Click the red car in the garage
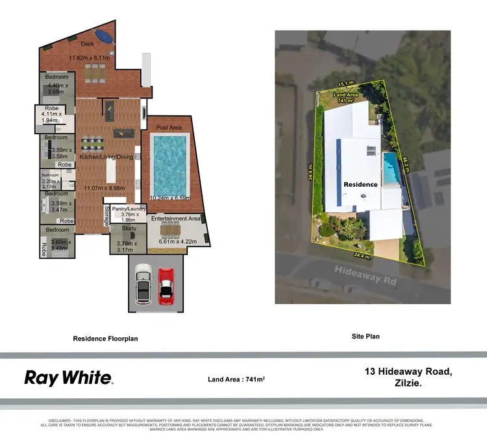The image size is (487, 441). pyautogui.click(x=166, y=285)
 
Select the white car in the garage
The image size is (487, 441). pyautogui.click(x=143, y=286)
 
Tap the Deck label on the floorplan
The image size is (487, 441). pyautogui.click(x=88, y=44)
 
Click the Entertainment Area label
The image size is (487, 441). pyautogui.click(x=176, y=219)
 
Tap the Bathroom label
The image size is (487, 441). pyautogui.click(x=51, y=175)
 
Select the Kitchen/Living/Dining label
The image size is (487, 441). pyautogui.click(x=106, y=158)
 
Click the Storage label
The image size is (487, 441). pyautogui.click(x=107, y=215)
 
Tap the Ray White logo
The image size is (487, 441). pyautogui.click(x=69, y=378)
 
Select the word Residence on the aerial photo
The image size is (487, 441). pyautogui.click(x=360, y=184)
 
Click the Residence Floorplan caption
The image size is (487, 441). pyautogui.click(x=105, y=339)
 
